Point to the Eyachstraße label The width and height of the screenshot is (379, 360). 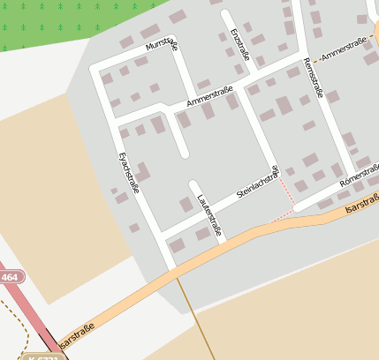point(129,172)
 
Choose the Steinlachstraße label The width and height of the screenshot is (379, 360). point(257,182)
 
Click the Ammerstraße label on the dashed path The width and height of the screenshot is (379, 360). point(345,55)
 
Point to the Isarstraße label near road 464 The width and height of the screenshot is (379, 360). point(78,334)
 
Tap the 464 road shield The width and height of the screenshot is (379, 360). point(10,277)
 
